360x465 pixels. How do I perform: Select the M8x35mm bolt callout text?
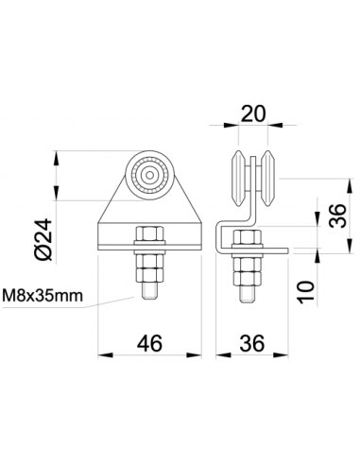(x=48, y=296)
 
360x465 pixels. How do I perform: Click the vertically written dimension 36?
(x=333, y=218)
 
